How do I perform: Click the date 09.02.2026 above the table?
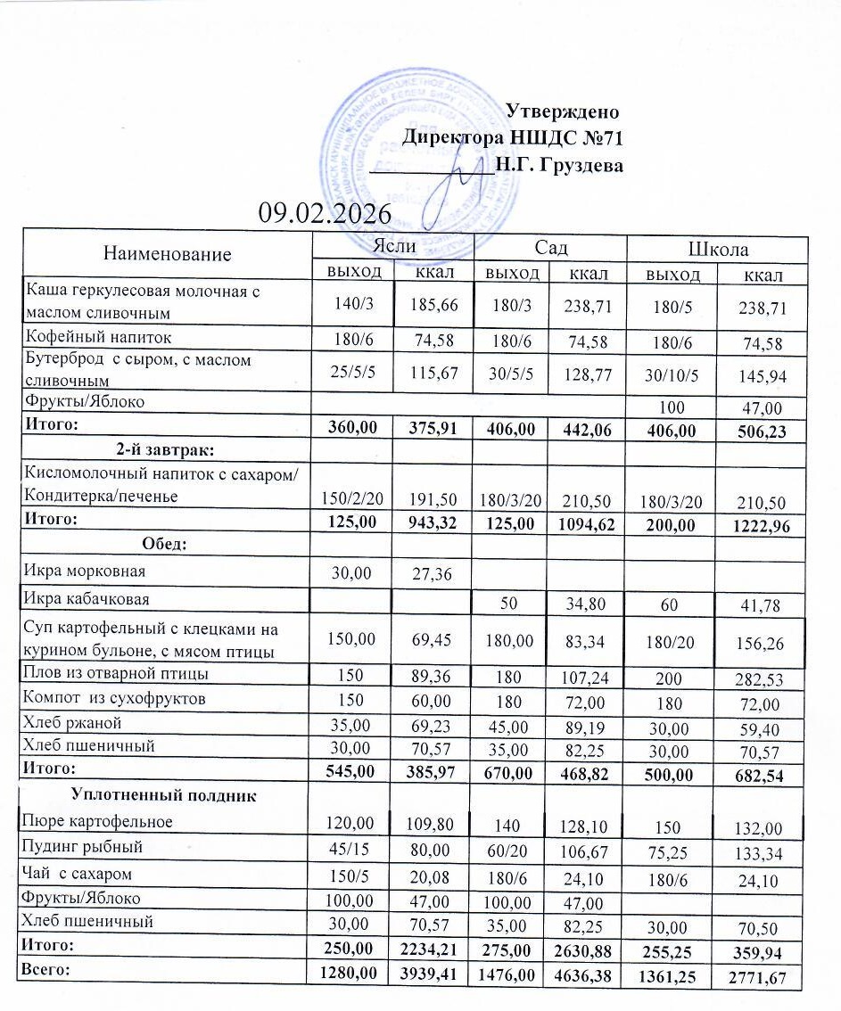325,214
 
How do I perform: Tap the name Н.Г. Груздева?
559,165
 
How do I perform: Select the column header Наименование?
167,254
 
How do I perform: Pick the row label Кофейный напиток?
97,337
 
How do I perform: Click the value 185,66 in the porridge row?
433,306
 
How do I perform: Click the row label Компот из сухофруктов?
116,698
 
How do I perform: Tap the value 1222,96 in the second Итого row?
756,525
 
